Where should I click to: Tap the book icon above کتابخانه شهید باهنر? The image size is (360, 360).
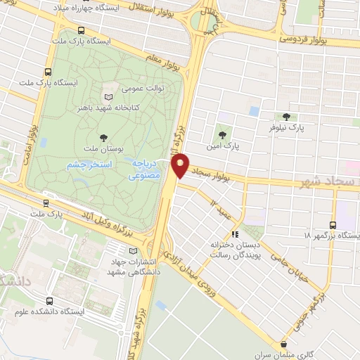pos(108,98)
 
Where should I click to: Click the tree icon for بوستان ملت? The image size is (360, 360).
pos(103,138)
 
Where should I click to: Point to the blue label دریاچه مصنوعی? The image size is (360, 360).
pos(146,169)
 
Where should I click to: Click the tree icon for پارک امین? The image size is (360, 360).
pos(223,134)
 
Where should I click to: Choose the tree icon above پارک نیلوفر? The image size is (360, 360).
pos(285,117)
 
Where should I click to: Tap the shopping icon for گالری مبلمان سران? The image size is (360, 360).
pos(284,345)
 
